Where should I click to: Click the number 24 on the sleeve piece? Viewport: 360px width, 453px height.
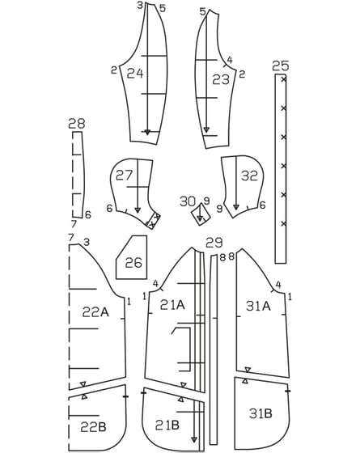[x=135, y=74]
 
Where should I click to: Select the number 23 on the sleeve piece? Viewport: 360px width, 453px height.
[x=221, y=79]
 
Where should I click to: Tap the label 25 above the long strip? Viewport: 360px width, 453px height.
[x=281, y=66]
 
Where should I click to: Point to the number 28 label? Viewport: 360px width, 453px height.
[x=77, y=124]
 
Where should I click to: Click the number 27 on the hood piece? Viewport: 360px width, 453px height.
[x=124, y=175]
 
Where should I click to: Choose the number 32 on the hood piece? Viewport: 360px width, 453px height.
[x=249, y=176]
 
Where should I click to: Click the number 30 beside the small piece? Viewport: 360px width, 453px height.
[x=188, y=201]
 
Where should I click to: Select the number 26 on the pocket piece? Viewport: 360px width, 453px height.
[x=133, y=263]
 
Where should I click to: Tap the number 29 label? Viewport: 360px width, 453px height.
[x=214, y=243]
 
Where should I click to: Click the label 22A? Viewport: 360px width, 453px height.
[x=95, y=311]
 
